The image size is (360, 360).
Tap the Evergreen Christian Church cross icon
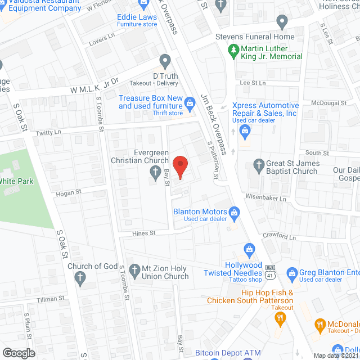[x=155, y=178]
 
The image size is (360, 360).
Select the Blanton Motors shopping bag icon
[x=235, y=212]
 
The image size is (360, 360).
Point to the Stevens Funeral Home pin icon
[x=283, y=22]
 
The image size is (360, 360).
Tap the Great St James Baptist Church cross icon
[x=259, y=164]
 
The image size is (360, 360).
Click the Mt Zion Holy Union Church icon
[x=134, y=271]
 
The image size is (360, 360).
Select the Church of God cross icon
[x=80, y=277]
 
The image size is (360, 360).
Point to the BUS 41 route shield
[x=271, y=271]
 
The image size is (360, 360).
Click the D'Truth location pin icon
[x=165, y=60]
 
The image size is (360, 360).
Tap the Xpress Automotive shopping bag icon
[x=245, y=132]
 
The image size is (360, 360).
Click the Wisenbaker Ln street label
[x=266, y=198]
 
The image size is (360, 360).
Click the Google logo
[x=18, y=353]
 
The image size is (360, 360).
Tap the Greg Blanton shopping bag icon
[x=291, y=274]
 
